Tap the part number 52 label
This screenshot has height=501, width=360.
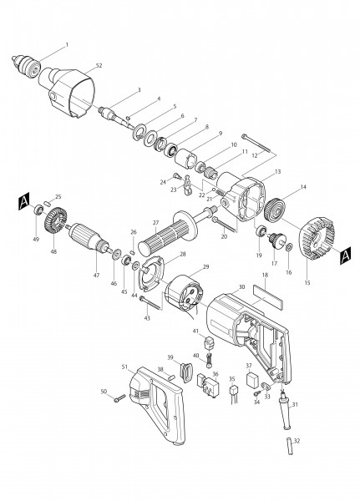coord(99,65)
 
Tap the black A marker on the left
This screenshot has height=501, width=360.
coord(23,200)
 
